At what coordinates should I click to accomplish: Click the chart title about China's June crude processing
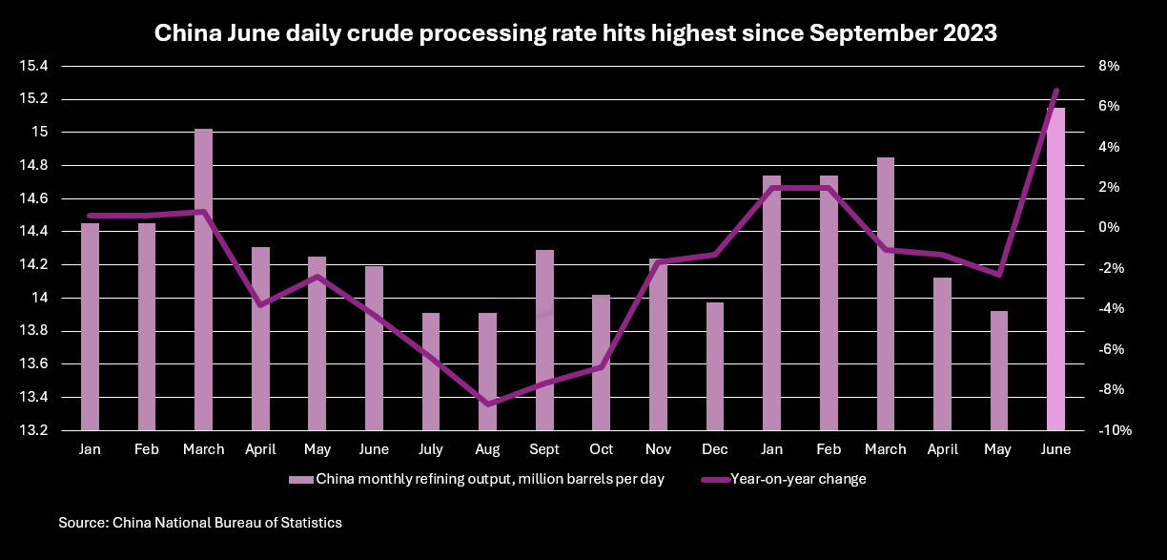pyautogui.click(x=575, y=34)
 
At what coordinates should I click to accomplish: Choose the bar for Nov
pyautogui.click(x=658, y=344)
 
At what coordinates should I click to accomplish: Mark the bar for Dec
pyautogui.click(x=715, y=366)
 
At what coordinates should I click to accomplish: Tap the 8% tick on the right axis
pyautogui.click(x=1109, y=66)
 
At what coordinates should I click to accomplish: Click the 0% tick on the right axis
pyautogui.click(x=1109, y=228)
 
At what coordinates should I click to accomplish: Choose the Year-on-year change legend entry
pyautogui.click(x=785, y=479)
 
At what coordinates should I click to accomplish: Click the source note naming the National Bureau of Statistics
pyautogui.click(x=200, y=523)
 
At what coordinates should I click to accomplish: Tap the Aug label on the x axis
pyautogui.click(x=488, y=449)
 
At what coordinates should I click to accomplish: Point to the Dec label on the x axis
pyautogui.click(x=715, y=449)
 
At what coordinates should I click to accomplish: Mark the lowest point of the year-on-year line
pyautogui.click(x=488, y=404)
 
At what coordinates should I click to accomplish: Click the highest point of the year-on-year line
pyautogui.click(x=1056, y=91)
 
